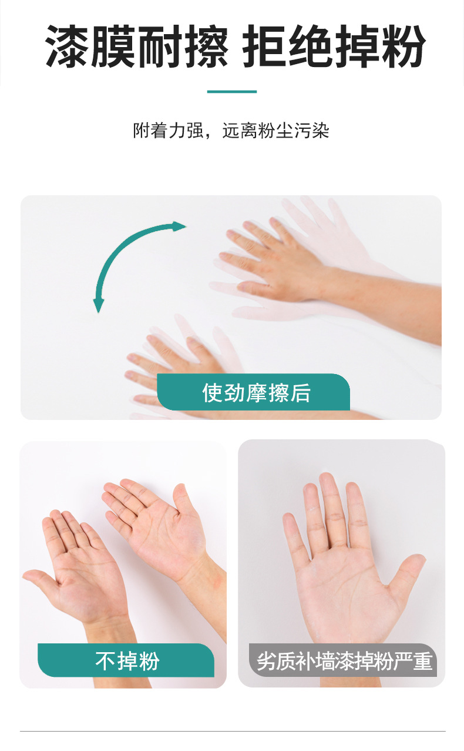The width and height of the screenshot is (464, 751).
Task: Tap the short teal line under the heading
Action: point(232,92)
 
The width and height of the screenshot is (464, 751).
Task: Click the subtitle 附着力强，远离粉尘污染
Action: point(231,130)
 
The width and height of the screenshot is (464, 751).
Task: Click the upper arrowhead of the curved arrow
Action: point(179,226)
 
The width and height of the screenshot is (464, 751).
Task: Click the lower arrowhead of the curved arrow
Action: point(99,305)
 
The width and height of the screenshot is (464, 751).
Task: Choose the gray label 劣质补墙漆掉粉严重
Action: point(344,661)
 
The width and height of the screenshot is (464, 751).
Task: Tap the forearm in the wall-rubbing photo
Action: point(388,306)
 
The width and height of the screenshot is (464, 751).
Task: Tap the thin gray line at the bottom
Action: point(232,732)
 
